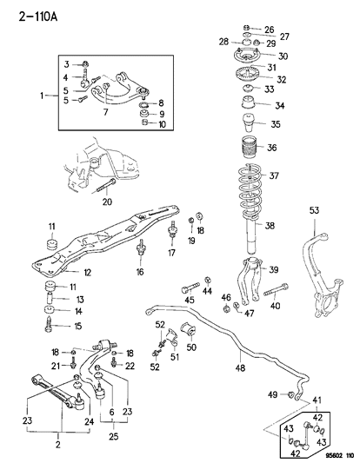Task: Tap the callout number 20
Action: (x=107, y=203)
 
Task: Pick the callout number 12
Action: (x=64, y=272)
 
